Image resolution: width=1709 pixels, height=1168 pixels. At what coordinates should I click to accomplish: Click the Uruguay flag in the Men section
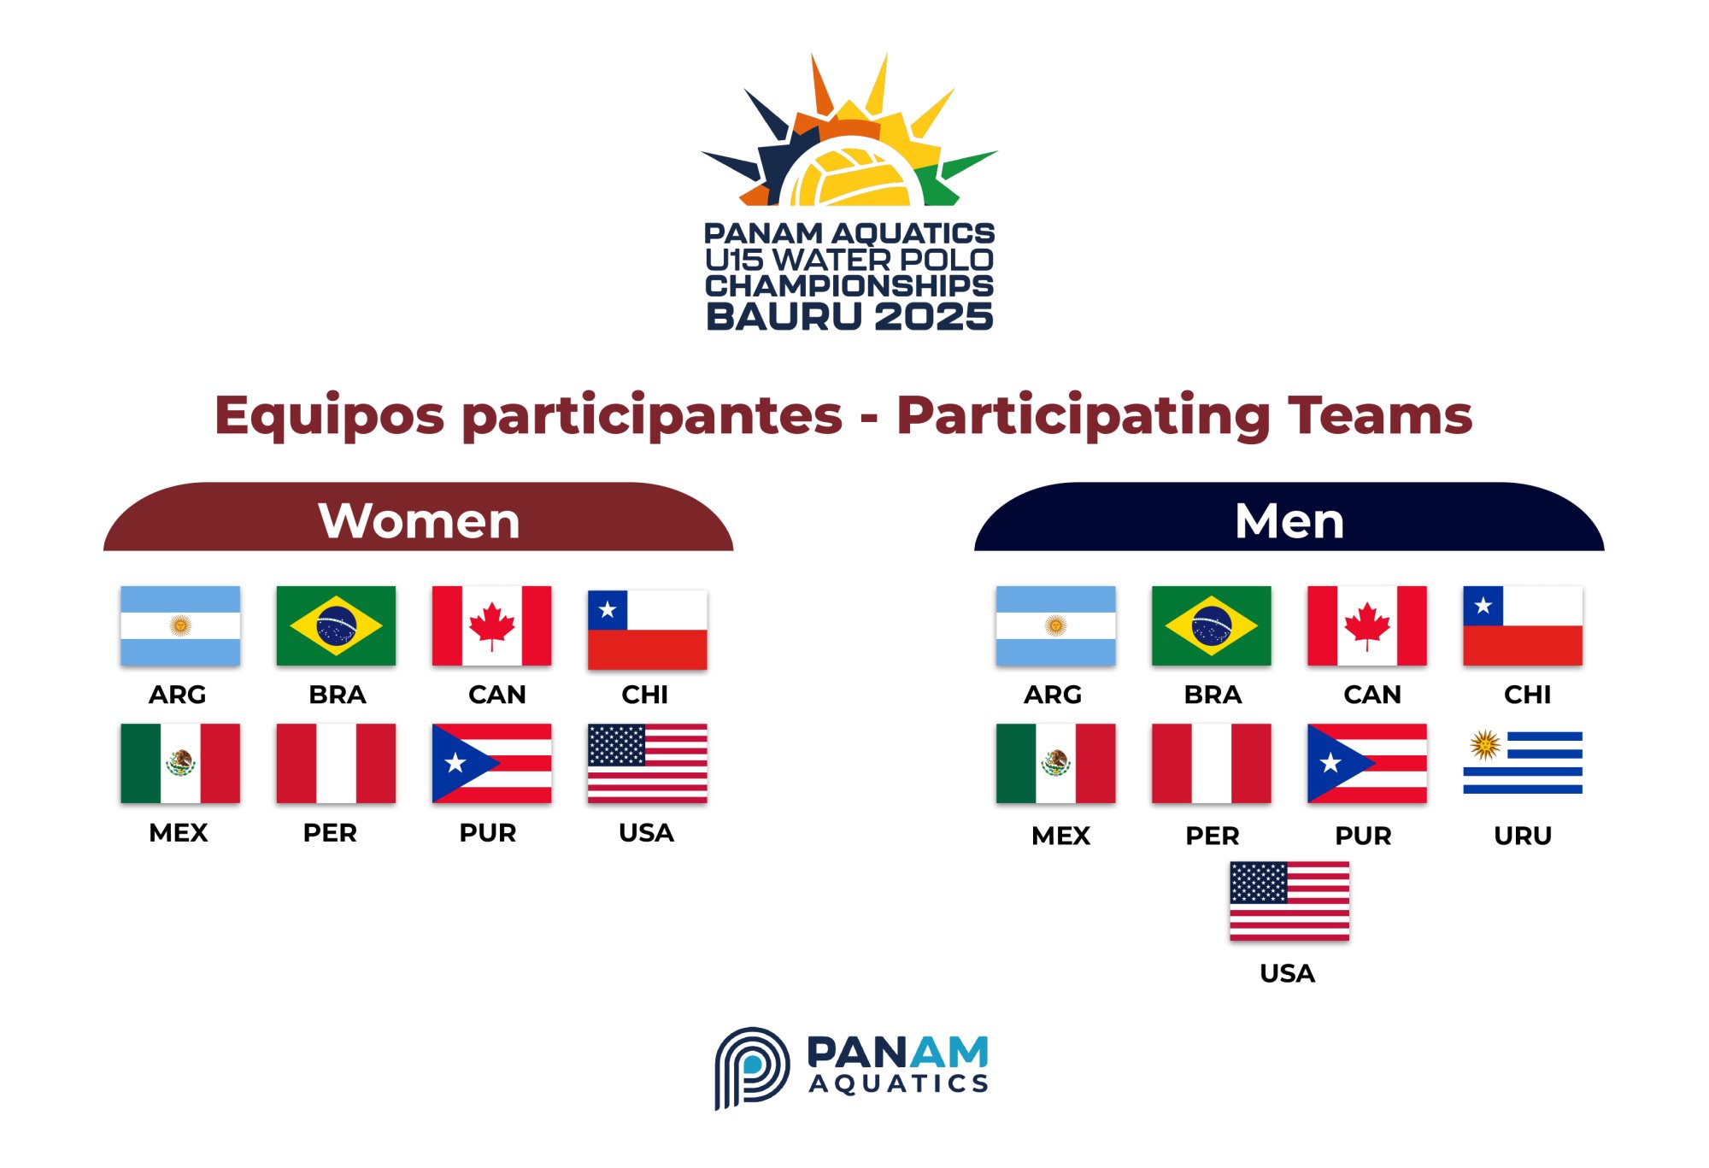1522,762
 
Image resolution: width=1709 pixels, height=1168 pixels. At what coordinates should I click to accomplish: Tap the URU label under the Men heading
1523,836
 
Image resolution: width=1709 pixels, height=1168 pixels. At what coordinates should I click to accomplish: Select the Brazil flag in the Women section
336,625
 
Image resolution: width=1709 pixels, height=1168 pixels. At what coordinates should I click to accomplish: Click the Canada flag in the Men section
1366,625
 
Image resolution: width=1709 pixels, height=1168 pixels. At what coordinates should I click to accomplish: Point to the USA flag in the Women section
647,763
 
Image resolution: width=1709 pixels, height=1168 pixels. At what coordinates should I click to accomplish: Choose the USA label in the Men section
1287,973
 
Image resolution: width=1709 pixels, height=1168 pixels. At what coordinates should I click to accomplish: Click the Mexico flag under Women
180,763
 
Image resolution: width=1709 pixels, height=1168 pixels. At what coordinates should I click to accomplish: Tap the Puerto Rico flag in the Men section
1366,763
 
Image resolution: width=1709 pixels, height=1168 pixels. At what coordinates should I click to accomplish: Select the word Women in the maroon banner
419,520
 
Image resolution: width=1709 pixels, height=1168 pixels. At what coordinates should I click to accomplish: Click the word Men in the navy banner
1289,520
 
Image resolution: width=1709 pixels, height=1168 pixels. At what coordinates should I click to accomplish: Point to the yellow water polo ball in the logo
849,176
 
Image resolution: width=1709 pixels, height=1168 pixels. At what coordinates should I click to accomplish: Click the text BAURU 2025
849,316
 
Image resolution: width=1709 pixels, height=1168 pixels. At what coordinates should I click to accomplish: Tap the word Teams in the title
1380,415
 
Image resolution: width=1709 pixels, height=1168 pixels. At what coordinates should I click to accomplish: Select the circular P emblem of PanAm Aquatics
751,1067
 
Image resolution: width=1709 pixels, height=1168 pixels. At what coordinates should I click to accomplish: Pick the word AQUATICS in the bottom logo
899,1083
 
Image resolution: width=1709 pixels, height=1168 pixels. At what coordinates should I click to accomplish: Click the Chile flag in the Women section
647,630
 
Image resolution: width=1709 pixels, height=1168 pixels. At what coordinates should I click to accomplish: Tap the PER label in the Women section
330,833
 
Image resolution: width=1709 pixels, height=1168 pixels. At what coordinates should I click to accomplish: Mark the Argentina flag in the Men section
1055,625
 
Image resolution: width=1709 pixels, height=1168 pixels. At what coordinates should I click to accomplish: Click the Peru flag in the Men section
1211,763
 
